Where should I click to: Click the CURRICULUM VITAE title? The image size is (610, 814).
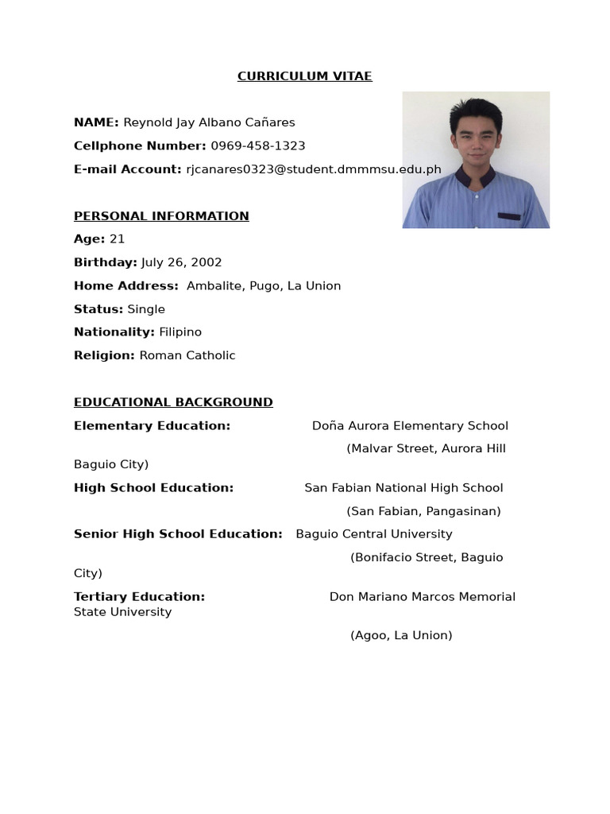coord(304,76)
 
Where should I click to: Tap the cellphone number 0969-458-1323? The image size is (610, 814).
coord(257,146)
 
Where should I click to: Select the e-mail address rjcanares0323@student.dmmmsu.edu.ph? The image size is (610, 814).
coord(313,169)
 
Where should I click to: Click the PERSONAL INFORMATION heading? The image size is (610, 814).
coord(161,216)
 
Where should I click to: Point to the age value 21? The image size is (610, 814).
coord(117,239)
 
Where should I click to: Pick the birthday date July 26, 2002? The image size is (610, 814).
coord(181,262)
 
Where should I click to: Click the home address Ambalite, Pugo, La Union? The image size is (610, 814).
coord(263,286)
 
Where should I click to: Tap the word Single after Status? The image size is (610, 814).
coord(146,309)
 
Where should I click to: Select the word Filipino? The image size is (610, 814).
coord(180,332)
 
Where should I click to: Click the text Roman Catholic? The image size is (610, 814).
coord(187,355)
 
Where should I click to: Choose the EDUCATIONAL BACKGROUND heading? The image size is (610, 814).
coord(173,402)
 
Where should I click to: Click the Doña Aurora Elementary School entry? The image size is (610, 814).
coord(410,426)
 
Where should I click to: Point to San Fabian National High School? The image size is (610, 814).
coord(403,488)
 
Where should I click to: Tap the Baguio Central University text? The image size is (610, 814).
coord(374,534)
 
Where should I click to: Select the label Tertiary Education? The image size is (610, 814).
coord(139,597)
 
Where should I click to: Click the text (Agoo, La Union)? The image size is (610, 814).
coord(401,635)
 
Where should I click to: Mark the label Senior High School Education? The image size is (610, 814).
coord(178,534)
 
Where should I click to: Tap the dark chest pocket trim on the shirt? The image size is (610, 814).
coord(509,216)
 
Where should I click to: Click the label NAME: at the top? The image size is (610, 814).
coord(96,122)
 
